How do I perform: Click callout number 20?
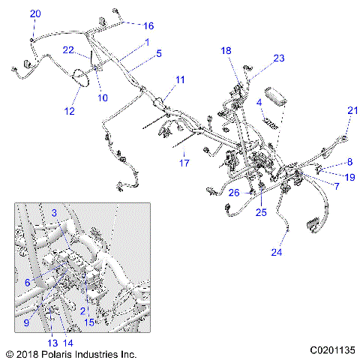[x=35, y=14]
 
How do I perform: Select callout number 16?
[x=148, y=25]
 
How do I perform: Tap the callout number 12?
[x=70, y=112]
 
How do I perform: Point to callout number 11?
[x=180, y=79]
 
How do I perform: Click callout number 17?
[x=184, y=162]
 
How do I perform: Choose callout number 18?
[x=226, y=50]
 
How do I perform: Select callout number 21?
[x=352, y=110]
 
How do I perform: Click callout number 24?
[x=277, y=252]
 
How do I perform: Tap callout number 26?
[x=234, y=193]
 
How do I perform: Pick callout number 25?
[x=260, y=212]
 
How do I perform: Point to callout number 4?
[x=259, y=101]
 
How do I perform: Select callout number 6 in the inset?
[x=28, y=282]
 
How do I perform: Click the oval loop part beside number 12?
[x=80, y=76]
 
